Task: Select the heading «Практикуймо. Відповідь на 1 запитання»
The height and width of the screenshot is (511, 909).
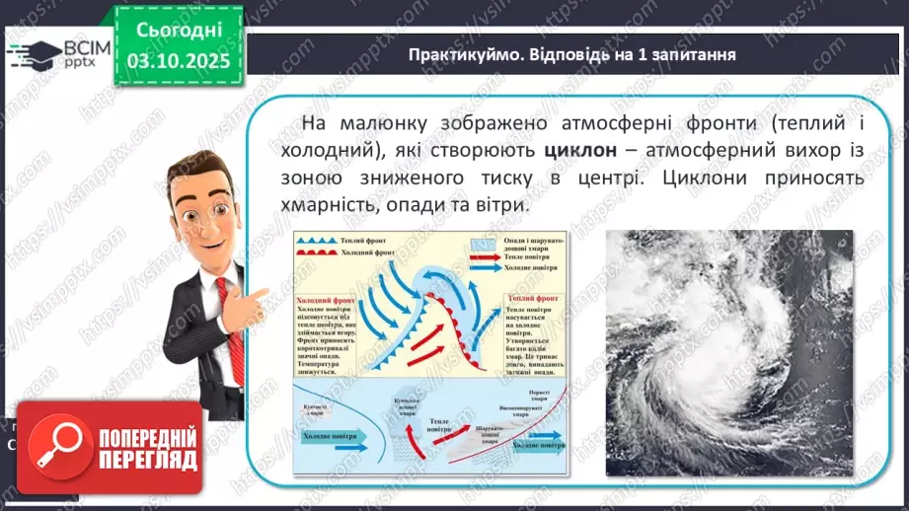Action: [571, 54]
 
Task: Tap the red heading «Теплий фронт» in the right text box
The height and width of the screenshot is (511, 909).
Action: [534, 296]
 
